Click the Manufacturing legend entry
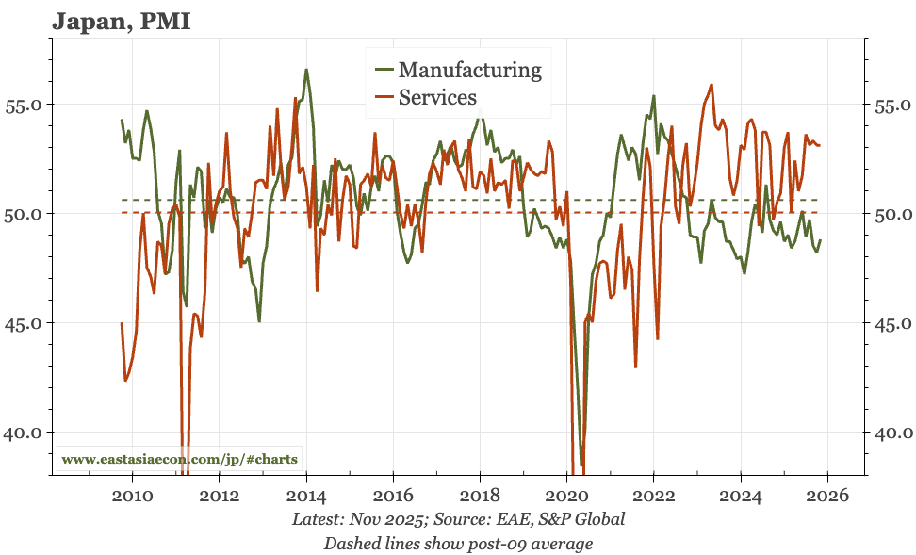(469, 70)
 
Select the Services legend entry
(437, 97)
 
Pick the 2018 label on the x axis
(480, 497)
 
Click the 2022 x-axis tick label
(654, 497)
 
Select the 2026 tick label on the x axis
(827, 497)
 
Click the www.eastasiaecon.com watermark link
(179, 460)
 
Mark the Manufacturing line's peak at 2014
(306, 70)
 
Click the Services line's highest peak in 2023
(712, 85)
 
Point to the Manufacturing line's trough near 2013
(259, 321)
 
